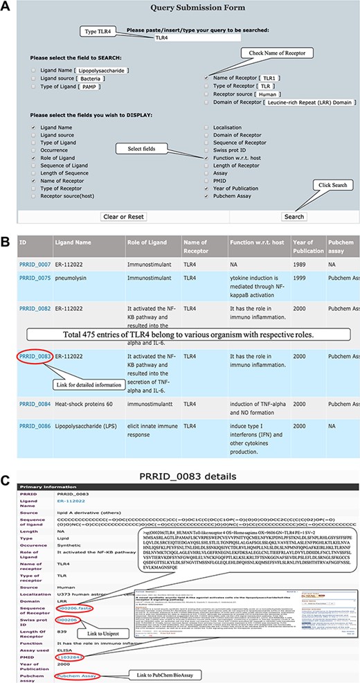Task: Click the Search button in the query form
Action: (294, 217)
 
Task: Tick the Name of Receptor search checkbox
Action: (206, 79)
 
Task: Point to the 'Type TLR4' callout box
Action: (104, 31)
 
